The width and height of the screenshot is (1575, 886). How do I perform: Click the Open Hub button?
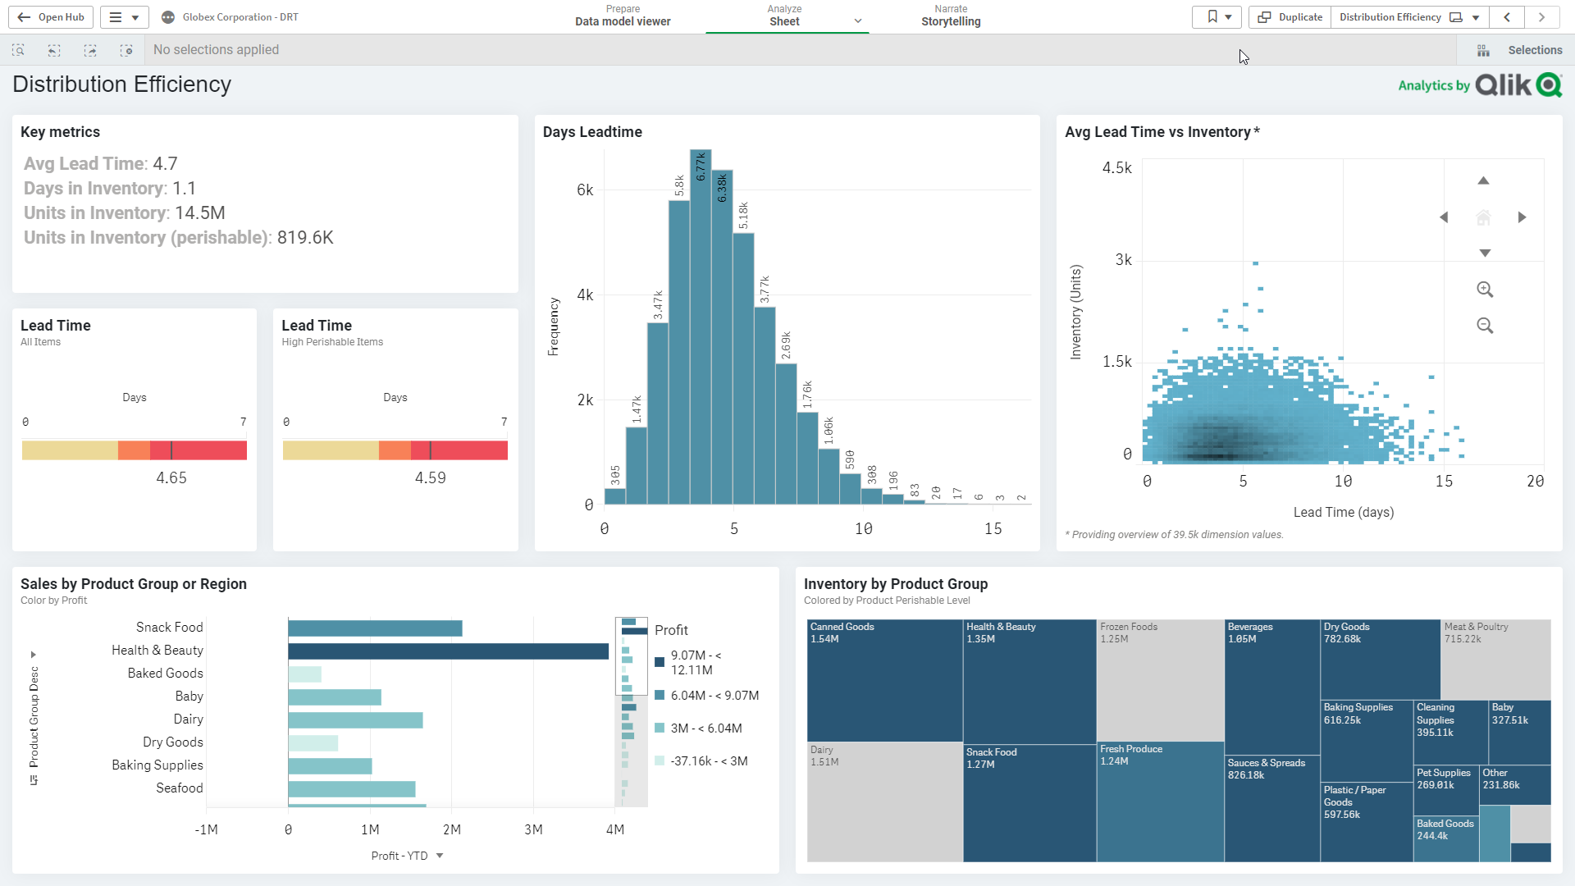(51, 16)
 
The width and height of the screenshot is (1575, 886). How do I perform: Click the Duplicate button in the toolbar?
(1290, 16)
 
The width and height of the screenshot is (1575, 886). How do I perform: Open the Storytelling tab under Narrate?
(950, 16)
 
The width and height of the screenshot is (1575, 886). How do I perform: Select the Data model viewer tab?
(623, 16)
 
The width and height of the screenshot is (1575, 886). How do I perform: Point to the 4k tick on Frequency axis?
(585, 295)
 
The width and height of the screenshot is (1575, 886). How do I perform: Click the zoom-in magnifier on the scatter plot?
(1484, 290)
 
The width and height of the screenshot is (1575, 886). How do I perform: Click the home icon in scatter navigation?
(1482, 217)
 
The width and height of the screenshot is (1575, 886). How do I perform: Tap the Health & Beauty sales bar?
(447, 651)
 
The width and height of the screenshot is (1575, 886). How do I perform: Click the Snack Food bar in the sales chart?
(375, 628)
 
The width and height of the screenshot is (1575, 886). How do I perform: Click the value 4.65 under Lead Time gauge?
(171, 477)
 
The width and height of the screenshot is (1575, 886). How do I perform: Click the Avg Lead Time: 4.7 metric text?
(100, 164)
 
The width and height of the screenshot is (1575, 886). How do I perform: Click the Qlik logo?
(1518, 85)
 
